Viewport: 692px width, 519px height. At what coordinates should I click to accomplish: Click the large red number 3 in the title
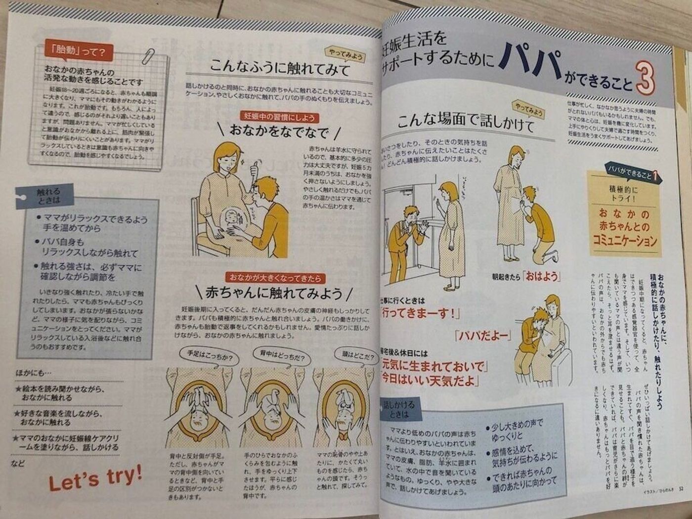click(646, 78)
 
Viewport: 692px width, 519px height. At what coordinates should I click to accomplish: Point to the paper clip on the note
click(148, 55)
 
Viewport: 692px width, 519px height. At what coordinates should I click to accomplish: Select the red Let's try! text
click(95, 478)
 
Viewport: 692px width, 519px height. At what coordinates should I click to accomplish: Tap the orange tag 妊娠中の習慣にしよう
click(279, 117)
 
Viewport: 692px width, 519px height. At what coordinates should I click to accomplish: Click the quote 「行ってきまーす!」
click(421, 313)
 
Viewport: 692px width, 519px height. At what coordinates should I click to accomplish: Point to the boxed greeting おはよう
click(542, 276)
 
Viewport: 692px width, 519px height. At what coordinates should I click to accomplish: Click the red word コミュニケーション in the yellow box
click(625, 241)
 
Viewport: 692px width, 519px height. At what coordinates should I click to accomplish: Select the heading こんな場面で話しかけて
click(465, 122)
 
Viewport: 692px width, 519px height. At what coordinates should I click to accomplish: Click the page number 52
click(681, 489)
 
